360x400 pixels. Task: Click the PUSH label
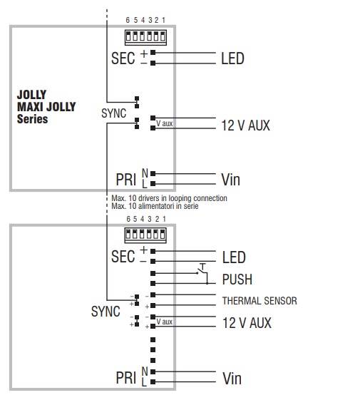click(x=237, y=280)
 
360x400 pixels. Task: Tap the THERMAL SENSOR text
click(x=259, y=301)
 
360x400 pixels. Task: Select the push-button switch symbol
click(x=202, y=274)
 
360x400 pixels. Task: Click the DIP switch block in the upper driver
click(x=145, y=37)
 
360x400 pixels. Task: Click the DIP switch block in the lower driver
click(x=145, y=235)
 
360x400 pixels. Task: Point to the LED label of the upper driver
click(x=232, y=58)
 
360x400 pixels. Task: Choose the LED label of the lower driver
click(x=234, y=257)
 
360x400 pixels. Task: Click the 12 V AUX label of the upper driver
click(x=245, y=125)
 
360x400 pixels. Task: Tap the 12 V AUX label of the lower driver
click(x=247, y=323)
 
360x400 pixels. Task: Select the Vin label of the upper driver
click(x=231, y=180)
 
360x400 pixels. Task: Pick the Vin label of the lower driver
click(x=232, y=379)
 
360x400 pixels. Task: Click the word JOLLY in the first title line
click(x=31, y=95)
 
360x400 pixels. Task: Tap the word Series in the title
click(x=32, y=119)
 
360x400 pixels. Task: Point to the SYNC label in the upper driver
click(x=114, y=113)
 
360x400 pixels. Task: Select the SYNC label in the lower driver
click(x=106, y=312)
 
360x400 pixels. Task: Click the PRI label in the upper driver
click(x=125, y=180)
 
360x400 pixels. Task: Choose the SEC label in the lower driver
click(x=123, y=257)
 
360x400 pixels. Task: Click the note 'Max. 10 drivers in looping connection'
click(x=169, y=198)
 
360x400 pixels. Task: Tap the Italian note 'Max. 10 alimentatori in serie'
click(x=155, y=206)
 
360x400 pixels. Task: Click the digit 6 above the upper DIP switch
click(x=128, y=20)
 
